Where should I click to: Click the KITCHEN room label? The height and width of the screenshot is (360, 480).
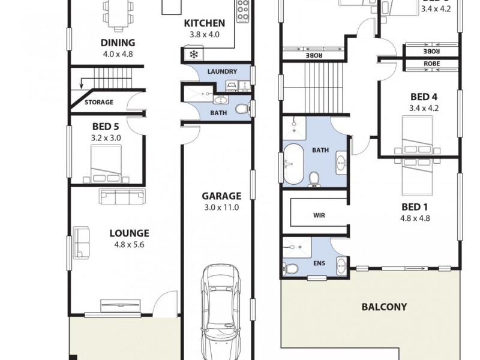(x=205, y=23)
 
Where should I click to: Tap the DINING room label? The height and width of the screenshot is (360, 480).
(x=118, y=43)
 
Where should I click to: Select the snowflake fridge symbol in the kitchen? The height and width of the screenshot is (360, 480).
(x=193, y=55)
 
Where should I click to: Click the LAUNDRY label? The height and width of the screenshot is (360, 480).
(x=222, y=71)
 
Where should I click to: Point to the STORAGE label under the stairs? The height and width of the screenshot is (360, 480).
(x=98, y=102)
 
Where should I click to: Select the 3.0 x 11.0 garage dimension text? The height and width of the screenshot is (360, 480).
(x=221, y=208)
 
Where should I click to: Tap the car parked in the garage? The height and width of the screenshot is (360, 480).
(x=220, y=312)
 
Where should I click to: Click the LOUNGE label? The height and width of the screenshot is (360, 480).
(x=129, y=233)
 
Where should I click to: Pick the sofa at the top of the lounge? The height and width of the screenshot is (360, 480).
(x=122, y=195)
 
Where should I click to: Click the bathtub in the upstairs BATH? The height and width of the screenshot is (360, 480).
(x=294, y=163)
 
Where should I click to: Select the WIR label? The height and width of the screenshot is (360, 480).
(x=319, y=214)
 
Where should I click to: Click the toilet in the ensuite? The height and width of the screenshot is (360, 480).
(x=291, y=268)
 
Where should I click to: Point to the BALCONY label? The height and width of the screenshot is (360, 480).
(x=384, y=307)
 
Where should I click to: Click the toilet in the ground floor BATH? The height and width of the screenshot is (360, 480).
(x=241, y=109)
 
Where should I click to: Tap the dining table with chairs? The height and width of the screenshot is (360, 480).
(x=118, y=14)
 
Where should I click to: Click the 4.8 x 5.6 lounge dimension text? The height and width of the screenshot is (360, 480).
(x=129, y=244)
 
